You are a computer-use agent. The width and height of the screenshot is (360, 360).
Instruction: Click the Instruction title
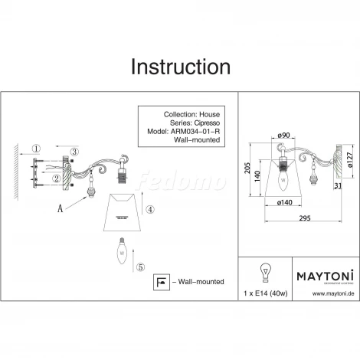(180, 66)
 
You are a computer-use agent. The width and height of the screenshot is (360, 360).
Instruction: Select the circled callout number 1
(35, 148)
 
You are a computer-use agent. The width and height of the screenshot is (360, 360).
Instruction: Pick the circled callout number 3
(74, 152)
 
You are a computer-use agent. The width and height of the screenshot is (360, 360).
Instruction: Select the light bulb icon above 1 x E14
(267, 273)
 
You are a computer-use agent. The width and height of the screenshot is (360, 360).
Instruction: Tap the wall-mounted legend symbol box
(161, 282)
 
